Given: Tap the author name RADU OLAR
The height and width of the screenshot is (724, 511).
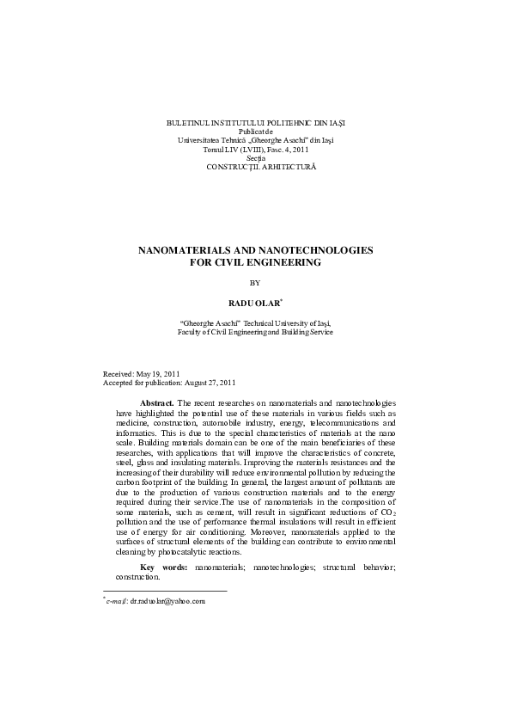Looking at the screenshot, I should tap(252, 304).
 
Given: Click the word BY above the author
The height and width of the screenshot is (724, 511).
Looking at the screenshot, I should tap(254, 282).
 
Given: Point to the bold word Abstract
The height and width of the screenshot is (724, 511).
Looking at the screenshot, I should tap(157, 402).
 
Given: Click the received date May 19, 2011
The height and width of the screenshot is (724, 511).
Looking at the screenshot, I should tap(157, 375).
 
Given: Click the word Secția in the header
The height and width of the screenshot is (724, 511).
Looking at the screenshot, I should tap(255, 157).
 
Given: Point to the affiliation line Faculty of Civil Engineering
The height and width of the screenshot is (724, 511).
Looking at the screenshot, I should tap(255, 331).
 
